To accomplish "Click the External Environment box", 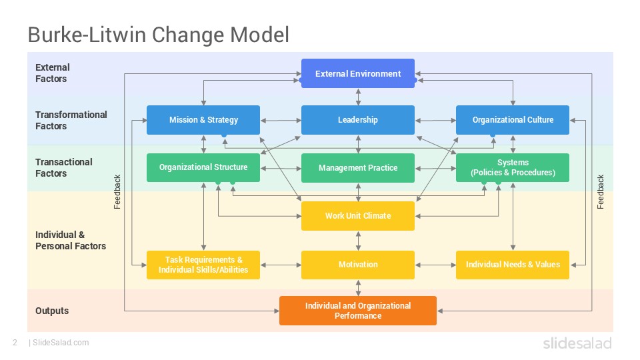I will (x=358, y=73).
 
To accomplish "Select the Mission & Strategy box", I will (x=203, y=120).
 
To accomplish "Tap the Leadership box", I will (x=358, y=120).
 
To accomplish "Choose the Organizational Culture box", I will (x=513, y=120).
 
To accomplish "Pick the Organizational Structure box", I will (x=203, y=167).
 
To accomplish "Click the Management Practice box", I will (x=358, y=168).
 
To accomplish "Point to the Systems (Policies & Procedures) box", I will (x=513, y=167).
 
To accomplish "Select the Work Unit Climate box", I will (x=358, y=216).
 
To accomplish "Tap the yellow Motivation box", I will (x=358, y=265).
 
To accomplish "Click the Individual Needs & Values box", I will (x=513, y=265).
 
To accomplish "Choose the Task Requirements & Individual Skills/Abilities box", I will (x=203, y=265).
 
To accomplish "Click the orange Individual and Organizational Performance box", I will (x=358, y=311).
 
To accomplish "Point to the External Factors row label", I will (x=53, y=73).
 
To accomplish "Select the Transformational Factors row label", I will (x=71, y=120).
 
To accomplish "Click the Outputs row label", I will (x=52, y=311).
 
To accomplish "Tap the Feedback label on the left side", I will (x=117, y=192).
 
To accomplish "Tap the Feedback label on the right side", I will (x=601, y=192).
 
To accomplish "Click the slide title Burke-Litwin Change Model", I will (x=158, y=35).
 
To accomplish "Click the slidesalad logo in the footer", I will (x=577, y=343).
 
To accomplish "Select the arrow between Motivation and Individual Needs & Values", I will (x=435, y=265).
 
